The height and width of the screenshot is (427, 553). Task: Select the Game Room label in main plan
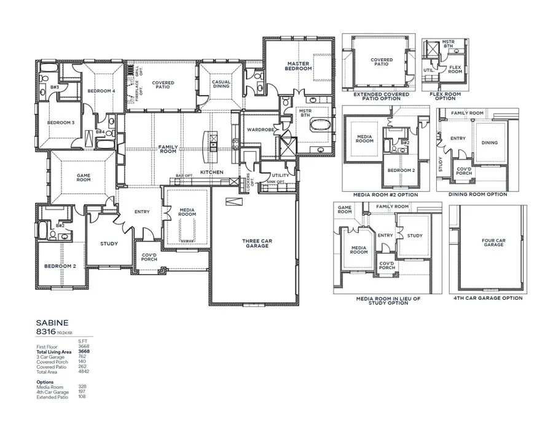(x=84, y=178)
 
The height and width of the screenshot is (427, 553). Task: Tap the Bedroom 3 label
(x=61, y=122)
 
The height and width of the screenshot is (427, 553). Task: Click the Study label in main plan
(x=109, y=244)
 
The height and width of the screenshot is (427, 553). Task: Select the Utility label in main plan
(x=280, y=175)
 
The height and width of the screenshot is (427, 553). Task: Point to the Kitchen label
(x=212, y=172)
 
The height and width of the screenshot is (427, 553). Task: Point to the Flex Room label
(x=455, y=69)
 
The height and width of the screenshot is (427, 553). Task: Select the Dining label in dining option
(x=490, y=143)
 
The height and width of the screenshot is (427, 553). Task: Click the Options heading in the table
(x=45, y=382)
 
